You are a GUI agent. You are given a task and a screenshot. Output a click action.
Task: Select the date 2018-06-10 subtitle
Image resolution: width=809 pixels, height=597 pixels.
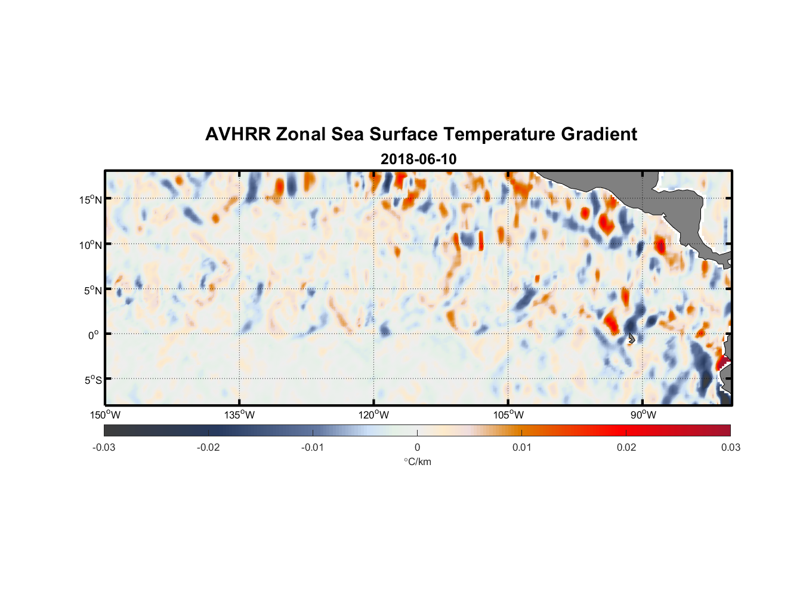point(418,159)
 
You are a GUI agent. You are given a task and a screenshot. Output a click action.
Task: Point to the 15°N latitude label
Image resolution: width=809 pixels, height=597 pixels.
point(90,199)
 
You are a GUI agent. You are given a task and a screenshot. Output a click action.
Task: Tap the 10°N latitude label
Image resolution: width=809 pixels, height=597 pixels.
point(90,245)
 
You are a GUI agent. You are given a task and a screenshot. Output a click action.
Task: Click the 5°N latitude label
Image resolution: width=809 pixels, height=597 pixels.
point(92,290)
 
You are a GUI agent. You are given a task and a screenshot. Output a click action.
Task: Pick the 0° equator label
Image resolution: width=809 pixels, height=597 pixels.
point(94,335)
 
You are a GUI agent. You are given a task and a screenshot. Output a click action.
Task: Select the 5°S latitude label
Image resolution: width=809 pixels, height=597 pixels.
point(92,380)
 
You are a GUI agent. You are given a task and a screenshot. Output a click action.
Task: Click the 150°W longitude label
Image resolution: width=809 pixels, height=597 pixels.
point(105,415)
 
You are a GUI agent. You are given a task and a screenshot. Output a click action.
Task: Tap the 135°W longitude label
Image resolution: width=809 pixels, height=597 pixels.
point(240,415)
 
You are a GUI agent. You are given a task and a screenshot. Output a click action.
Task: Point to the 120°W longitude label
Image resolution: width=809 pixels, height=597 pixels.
point(374,415)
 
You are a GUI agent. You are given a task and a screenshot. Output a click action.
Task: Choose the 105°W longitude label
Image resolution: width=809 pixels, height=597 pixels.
point(508,415)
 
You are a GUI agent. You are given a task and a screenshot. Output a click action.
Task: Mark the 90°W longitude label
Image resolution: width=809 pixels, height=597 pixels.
point(643,415)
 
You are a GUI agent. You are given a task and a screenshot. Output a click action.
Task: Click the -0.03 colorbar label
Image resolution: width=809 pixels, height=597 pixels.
point(104,447)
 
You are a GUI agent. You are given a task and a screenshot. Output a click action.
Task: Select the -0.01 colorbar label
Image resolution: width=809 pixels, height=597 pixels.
point(313,447)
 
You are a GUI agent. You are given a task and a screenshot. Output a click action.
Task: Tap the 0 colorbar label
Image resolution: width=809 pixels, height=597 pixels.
point(417,447)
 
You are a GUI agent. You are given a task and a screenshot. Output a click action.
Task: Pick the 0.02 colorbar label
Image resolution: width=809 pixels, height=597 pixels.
point(626,447)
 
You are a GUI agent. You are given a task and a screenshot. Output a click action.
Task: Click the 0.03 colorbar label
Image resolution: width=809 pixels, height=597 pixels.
point(730,447)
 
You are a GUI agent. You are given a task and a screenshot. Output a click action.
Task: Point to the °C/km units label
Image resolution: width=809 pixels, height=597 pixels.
point(417,461)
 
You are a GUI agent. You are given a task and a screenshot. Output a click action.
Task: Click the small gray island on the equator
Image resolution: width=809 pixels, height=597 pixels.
point(631,338)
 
